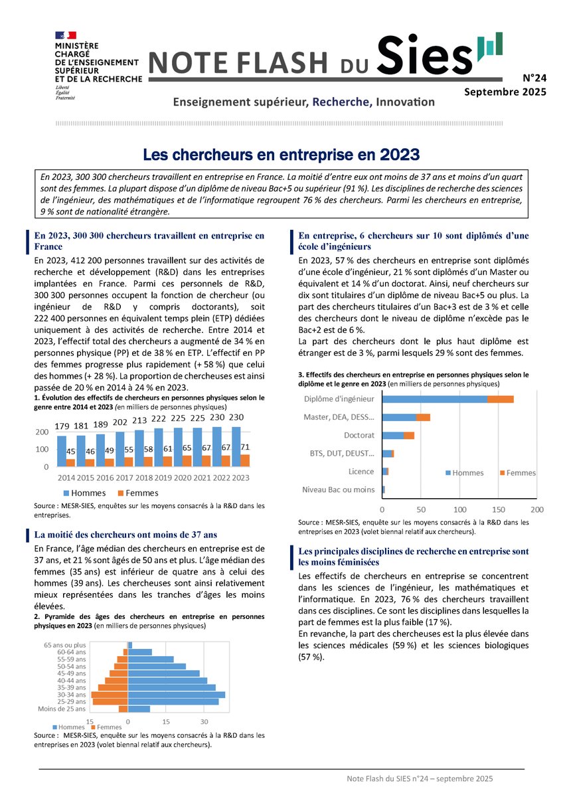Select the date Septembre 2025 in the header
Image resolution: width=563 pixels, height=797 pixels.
tap(505, 92)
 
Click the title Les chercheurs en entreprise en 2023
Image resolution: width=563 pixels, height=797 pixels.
tap(281, 155)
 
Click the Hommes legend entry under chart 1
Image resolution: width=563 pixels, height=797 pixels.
tap(88, 493)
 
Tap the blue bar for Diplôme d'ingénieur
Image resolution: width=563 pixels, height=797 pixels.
tap(435, 399)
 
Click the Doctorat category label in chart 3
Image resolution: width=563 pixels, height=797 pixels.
tap(359, 436)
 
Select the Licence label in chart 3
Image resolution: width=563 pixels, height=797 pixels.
tap(361, 472)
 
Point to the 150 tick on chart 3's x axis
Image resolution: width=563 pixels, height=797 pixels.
tap(498, 510)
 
